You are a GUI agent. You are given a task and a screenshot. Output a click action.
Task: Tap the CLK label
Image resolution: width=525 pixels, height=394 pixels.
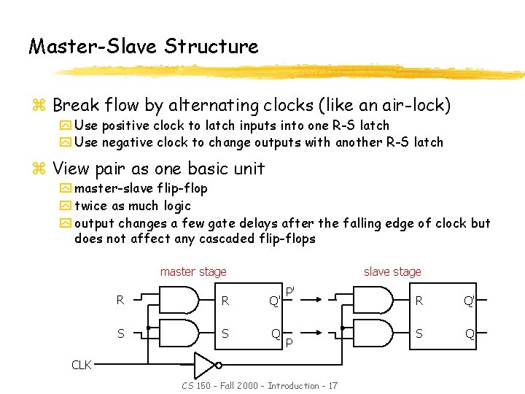(81, 364)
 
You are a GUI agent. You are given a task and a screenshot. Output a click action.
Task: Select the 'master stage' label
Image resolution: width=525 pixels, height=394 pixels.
(193, 272)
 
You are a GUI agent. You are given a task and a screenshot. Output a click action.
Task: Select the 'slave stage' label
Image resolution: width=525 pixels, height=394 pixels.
(392, 272)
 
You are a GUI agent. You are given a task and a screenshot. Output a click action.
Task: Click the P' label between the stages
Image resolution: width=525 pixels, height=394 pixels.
(289, 292)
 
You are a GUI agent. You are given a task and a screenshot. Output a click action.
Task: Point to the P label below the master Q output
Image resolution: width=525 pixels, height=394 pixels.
(289, 341)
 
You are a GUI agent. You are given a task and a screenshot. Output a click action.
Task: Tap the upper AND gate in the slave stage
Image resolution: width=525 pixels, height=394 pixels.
(376, 298)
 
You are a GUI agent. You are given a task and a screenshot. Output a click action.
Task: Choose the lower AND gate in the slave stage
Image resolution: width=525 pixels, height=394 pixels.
(376, 333)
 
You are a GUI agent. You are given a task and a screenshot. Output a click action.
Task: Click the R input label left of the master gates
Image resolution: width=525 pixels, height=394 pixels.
(120, 299)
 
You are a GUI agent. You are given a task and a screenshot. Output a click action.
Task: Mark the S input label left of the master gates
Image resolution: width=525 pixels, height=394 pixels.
(120, 333)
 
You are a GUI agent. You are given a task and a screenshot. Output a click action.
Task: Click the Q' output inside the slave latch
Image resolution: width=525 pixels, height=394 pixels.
(469, 299)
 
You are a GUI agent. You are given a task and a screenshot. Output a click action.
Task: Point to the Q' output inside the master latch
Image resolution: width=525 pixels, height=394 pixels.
(275, 300)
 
